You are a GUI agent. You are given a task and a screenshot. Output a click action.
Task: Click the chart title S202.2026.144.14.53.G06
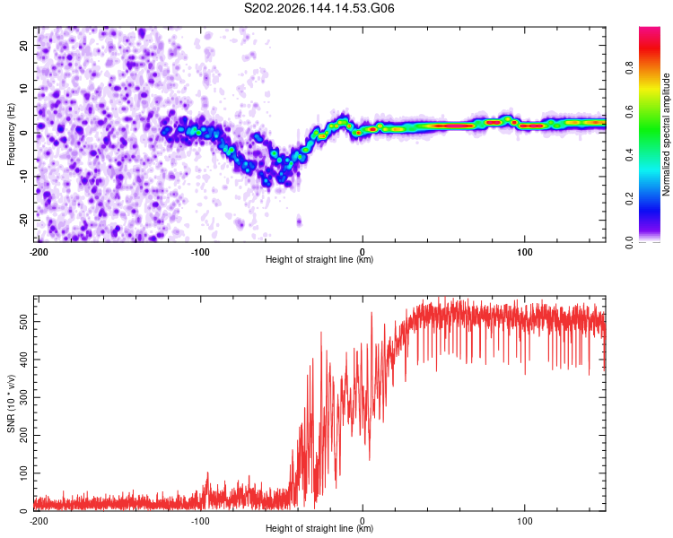[x=319, y=8]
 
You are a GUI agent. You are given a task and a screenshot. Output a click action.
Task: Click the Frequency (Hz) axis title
[x=11, y=134]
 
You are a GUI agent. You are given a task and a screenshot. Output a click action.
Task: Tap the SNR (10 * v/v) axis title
[x=11, y=403]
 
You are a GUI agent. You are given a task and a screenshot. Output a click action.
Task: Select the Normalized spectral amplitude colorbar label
[x=666, y=134]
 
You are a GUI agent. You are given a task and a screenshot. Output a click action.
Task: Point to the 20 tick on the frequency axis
[x=24, y=45]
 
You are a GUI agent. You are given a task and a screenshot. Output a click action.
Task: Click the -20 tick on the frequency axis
[x=24, y=221]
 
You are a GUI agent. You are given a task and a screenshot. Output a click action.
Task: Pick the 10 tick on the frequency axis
[x=24, y=89]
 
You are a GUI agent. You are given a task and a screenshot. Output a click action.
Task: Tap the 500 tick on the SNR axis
[x=24, y=322]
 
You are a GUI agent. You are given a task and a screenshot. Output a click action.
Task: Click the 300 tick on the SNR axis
[x=24, y=398]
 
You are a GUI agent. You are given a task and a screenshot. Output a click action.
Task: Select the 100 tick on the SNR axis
[x=24, y=473]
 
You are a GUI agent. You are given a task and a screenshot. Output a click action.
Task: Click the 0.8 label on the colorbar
[x=629, y=68]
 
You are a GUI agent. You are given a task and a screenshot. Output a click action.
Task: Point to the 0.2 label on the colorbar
[x=629, y=199]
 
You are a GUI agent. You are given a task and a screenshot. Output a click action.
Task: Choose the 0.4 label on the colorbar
[x=629, y=155]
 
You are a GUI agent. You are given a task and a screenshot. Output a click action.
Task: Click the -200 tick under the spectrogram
[x=39, y=252]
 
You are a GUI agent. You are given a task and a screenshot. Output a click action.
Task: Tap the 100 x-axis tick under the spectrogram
[x=525, y=252]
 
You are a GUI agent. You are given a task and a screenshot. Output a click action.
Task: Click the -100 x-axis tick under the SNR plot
[x=200, y=521]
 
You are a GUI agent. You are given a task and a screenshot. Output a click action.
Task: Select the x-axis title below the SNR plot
[x=319, y=528]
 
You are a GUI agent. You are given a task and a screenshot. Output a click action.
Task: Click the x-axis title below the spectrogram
[x=319, y=259]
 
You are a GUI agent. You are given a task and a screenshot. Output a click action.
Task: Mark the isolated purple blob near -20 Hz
[x=299, y=221]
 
